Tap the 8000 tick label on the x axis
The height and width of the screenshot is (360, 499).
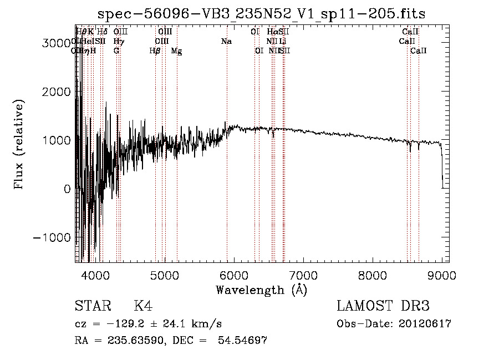[x=373, y=275]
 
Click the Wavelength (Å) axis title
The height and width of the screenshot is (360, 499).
[x=261, y=290]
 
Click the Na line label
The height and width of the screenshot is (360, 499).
[x=226, y=42]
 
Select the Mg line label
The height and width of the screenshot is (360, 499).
[x=176, y=51]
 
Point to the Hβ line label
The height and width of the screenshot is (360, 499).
[x=155, y=51]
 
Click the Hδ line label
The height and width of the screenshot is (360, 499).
[x=102, y=32]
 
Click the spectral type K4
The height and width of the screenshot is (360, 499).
[x=143, y=306]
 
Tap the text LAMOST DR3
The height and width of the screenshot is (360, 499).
[x=383, y=306]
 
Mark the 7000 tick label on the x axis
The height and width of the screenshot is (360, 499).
[x=303, y=275]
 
